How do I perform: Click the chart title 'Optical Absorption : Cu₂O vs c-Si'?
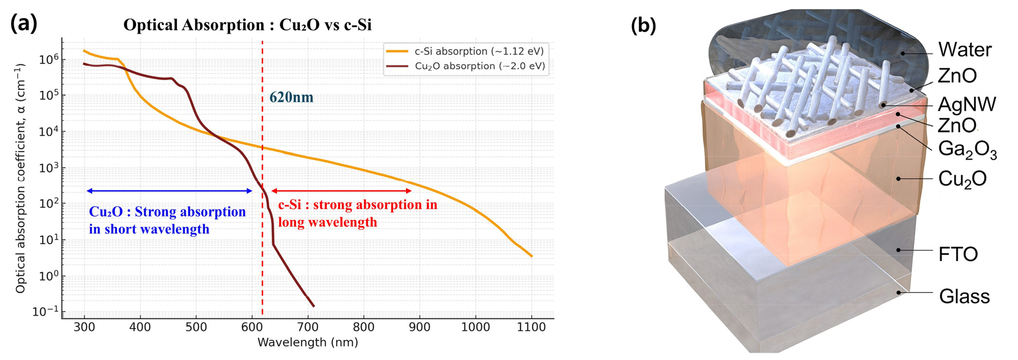point(247,25)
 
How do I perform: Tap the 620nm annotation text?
point(291,97)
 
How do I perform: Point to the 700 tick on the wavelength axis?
point(308,327)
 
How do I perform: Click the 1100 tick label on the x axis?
point(531,327)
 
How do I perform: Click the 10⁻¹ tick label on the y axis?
point(47,312)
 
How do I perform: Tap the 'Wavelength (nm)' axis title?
point(307,342)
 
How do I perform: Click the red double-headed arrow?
point(342,192)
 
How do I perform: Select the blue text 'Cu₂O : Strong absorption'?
point(167,212)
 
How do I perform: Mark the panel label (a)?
point(24,24)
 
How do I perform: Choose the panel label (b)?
point(643,25)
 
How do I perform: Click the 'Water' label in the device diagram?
point(965,50)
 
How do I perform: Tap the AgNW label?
point(967,104)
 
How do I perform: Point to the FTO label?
point(958,254)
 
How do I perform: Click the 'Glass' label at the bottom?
point(964,296)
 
